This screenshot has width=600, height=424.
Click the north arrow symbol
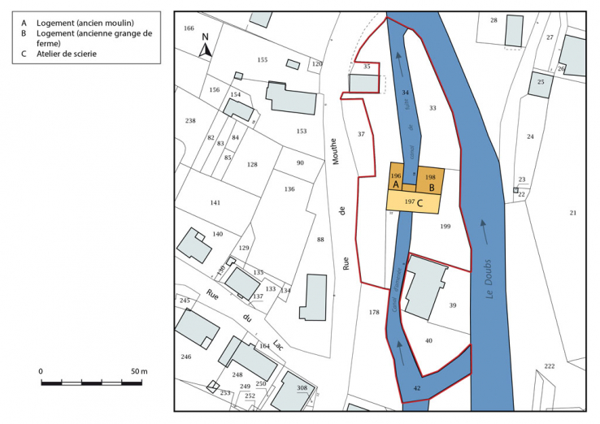[x=206, y=46]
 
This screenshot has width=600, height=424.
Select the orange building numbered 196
[x=396, y=175]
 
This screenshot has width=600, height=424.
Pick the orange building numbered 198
[x=430, y=176]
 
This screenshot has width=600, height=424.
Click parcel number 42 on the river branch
[x=417, y=389]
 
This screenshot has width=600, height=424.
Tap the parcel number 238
[x=190, y=121]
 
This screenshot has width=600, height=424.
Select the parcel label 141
[x=215, y=202]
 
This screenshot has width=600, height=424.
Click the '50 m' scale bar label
[x=138, y=371]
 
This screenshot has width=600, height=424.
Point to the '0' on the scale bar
[x=41, y=371]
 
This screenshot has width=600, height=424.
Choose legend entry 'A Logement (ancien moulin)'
[x=78, y=23]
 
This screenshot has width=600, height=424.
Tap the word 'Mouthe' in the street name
[x=333, y=149]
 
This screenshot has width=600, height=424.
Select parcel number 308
[x=302, y=388]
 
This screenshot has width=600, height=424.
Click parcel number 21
[x=572, y=213]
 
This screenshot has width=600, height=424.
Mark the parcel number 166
[x=189, y=28]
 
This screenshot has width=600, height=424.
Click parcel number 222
[x=549, y=366]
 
